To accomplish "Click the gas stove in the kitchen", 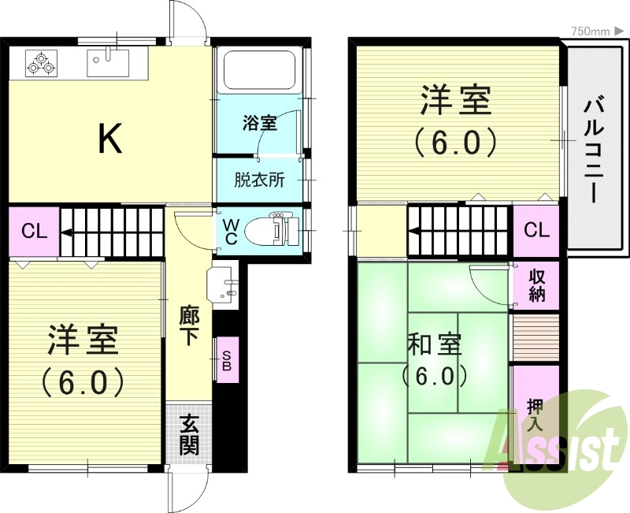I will [x=42, y=63].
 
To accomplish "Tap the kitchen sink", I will [x=108, y=61].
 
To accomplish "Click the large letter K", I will [x=109, y=140].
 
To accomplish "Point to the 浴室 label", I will [x=259, y=124].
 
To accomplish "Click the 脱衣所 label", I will [x=259, y=180].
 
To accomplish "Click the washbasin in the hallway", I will [x=224, y=284].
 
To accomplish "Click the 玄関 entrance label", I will [x=189, y=434].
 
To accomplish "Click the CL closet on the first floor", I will [x=34, y=232].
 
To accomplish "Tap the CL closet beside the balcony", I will [x=536, y=231].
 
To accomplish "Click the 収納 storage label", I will [x=537, y=286].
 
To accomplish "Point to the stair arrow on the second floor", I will [x=417, y=232].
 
